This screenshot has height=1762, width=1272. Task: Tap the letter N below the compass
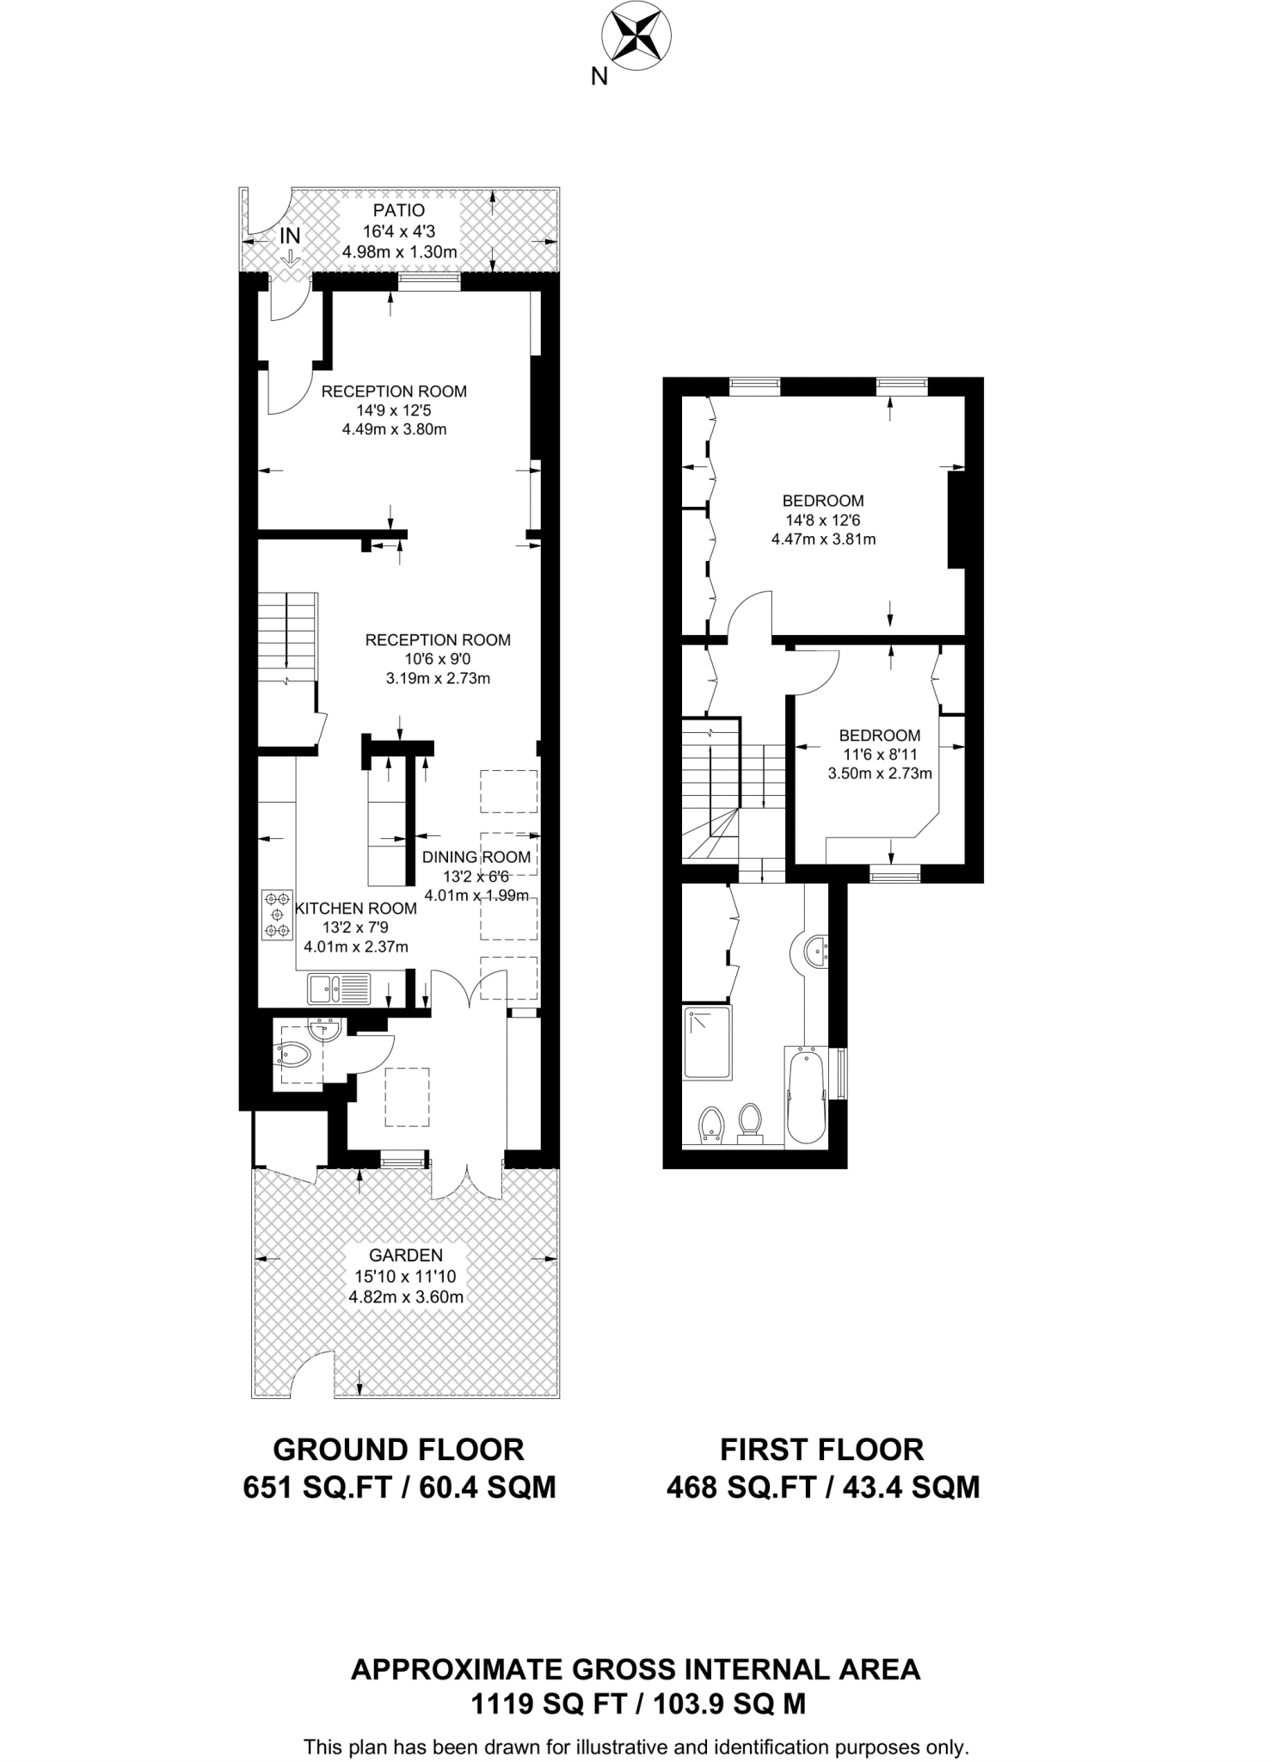tap(599, 77)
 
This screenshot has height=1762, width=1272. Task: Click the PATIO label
tap(399, 211)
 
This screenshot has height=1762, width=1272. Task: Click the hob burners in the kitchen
tap(277, 915)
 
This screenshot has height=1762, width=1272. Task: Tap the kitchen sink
tap(339, 989)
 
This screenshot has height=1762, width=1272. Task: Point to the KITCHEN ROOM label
tap(355, 909)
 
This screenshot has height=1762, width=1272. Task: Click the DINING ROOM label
tap(476, 857)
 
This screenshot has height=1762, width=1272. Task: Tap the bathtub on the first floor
tap(806, 1097)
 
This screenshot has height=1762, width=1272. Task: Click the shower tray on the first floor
tap(708, 1042)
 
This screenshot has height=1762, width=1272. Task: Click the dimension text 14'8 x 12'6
tap(823, 521)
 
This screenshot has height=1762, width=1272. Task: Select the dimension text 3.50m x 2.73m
tap(880, 773)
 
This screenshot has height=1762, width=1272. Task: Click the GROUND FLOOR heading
tap(398, 1450)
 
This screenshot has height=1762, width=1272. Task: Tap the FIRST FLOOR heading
tap(821, 1450)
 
